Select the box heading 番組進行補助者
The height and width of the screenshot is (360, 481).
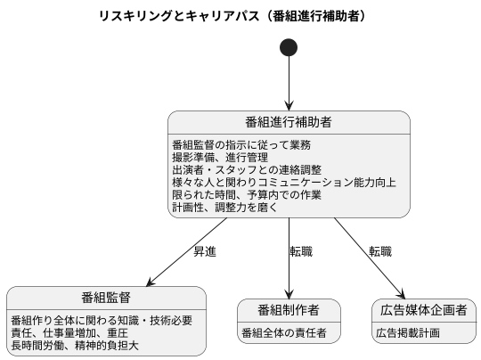[289, 122]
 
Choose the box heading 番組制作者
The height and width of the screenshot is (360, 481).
[289, 310]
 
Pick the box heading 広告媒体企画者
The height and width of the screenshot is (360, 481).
[422, 310]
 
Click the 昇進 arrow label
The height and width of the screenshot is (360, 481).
[205, 252]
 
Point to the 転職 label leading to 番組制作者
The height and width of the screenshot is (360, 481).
[301, 252]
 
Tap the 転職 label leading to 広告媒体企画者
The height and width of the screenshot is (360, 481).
[381, 252]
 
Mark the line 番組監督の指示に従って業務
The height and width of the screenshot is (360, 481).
[240, 144]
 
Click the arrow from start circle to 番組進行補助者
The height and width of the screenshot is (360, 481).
[289, 85]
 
